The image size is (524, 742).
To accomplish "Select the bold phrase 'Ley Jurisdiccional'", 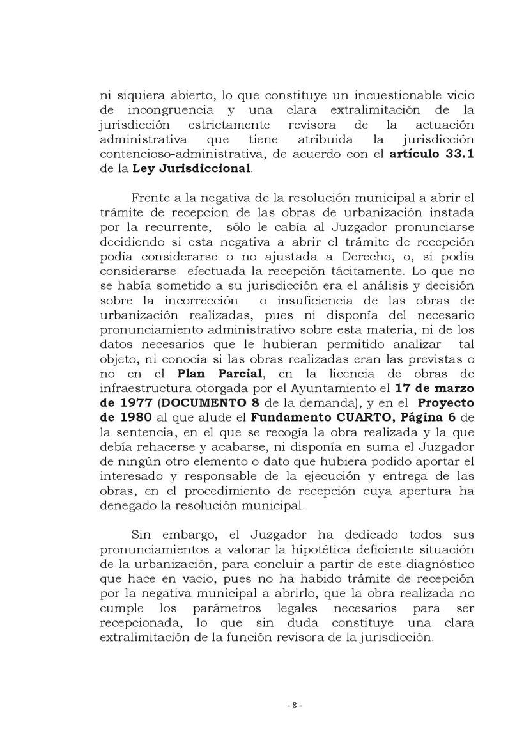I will click(192, 169).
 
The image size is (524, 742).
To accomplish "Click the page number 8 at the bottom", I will click(294, 706).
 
